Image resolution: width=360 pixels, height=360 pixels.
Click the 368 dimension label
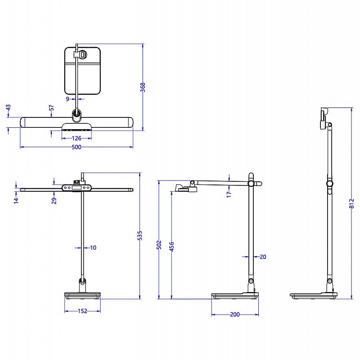pos(143,87)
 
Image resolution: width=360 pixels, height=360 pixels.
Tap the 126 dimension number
pos(76,139)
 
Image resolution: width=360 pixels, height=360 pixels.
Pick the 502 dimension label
pos(159,245)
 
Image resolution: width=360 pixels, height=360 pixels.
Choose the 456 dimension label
pos(171,247)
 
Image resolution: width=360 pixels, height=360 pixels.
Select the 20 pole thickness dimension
pos(263,257)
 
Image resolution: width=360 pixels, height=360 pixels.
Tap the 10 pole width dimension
pos(93,247)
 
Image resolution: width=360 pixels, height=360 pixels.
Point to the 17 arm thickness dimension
pos(229,193)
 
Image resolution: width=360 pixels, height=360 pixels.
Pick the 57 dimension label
pos(51,108)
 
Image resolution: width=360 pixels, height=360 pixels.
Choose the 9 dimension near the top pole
pos(67,99)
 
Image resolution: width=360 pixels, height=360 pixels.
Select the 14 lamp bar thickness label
pos(16,200)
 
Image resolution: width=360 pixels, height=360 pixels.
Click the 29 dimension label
pos(54,200)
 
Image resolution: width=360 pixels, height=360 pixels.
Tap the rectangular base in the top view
pos(82,70)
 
